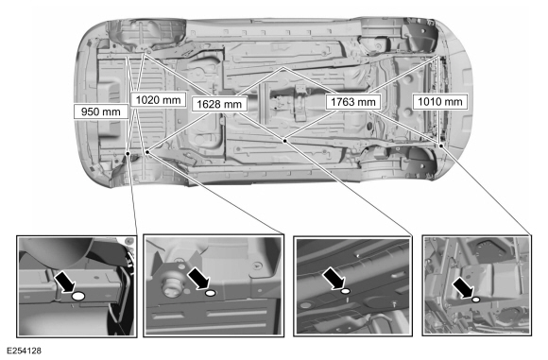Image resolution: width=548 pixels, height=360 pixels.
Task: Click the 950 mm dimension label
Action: (x=101, y=111)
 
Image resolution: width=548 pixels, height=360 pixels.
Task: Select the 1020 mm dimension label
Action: (x=158, y=100)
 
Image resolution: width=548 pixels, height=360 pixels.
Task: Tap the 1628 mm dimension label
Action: (x=219, y=104)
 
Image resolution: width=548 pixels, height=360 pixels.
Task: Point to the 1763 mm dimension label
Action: (x=353, y=102)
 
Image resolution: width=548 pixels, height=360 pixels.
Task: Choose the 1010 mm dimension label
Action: (x=440, y=101)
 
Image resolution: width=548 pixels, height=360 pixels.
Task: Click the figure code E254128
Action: (x=24, y=351)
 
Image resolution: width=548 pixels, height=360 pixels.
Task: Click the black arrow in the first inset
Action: (x=65, y=282)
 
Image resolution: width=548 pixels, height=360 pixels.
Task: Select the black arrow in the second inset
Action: (x=198, y=278)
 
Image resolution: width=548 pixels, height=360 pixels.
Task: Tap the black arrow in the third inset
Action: (x=334, y=278)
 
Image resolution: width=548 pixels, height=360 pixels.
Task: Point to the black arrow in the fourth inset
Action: (x=463, y=288)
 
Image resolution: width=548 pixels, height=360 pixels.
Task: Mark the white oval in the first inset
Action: (x=78, y=297)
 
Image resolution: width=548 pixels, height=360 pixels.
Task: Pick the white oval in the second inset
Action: (x=211, y=293)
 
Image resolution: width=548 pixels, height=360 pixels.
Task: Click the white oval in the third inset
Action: (x=346, y=291)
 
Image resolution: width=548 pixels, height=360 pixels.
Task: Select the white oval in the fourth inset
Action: (x=475, y=300)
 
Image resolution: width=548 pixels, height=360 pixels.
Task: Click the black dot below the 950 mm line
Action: (x=128, y=153)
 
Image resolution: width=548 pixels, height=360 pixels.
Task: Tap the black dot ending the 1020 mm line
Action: (x=147, y=152)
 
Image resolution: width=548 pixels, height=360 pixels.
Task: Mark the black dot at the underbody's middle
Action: (x=285, y=141)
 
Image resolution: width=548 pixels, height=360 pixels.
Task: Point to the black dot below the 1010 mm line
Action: (x=441, y=146)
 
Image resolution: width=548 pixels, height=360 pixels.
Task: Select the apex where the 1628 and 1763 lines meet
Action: (x=283, y=67)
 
